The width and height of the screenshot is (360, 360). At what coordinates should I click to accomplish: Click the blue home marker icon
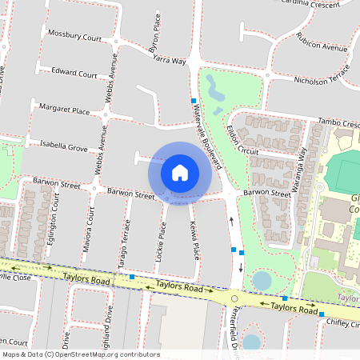[180, 172]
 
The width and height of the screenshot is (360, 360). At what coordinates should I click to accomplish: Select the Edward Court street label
[74, 72]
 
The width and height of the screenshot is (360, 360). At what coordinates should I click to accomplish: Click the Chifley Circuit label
[342, 322]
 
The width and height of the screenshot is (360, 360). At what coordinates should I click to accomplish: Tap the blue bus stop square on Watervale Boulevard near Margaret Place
[194, 101]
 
